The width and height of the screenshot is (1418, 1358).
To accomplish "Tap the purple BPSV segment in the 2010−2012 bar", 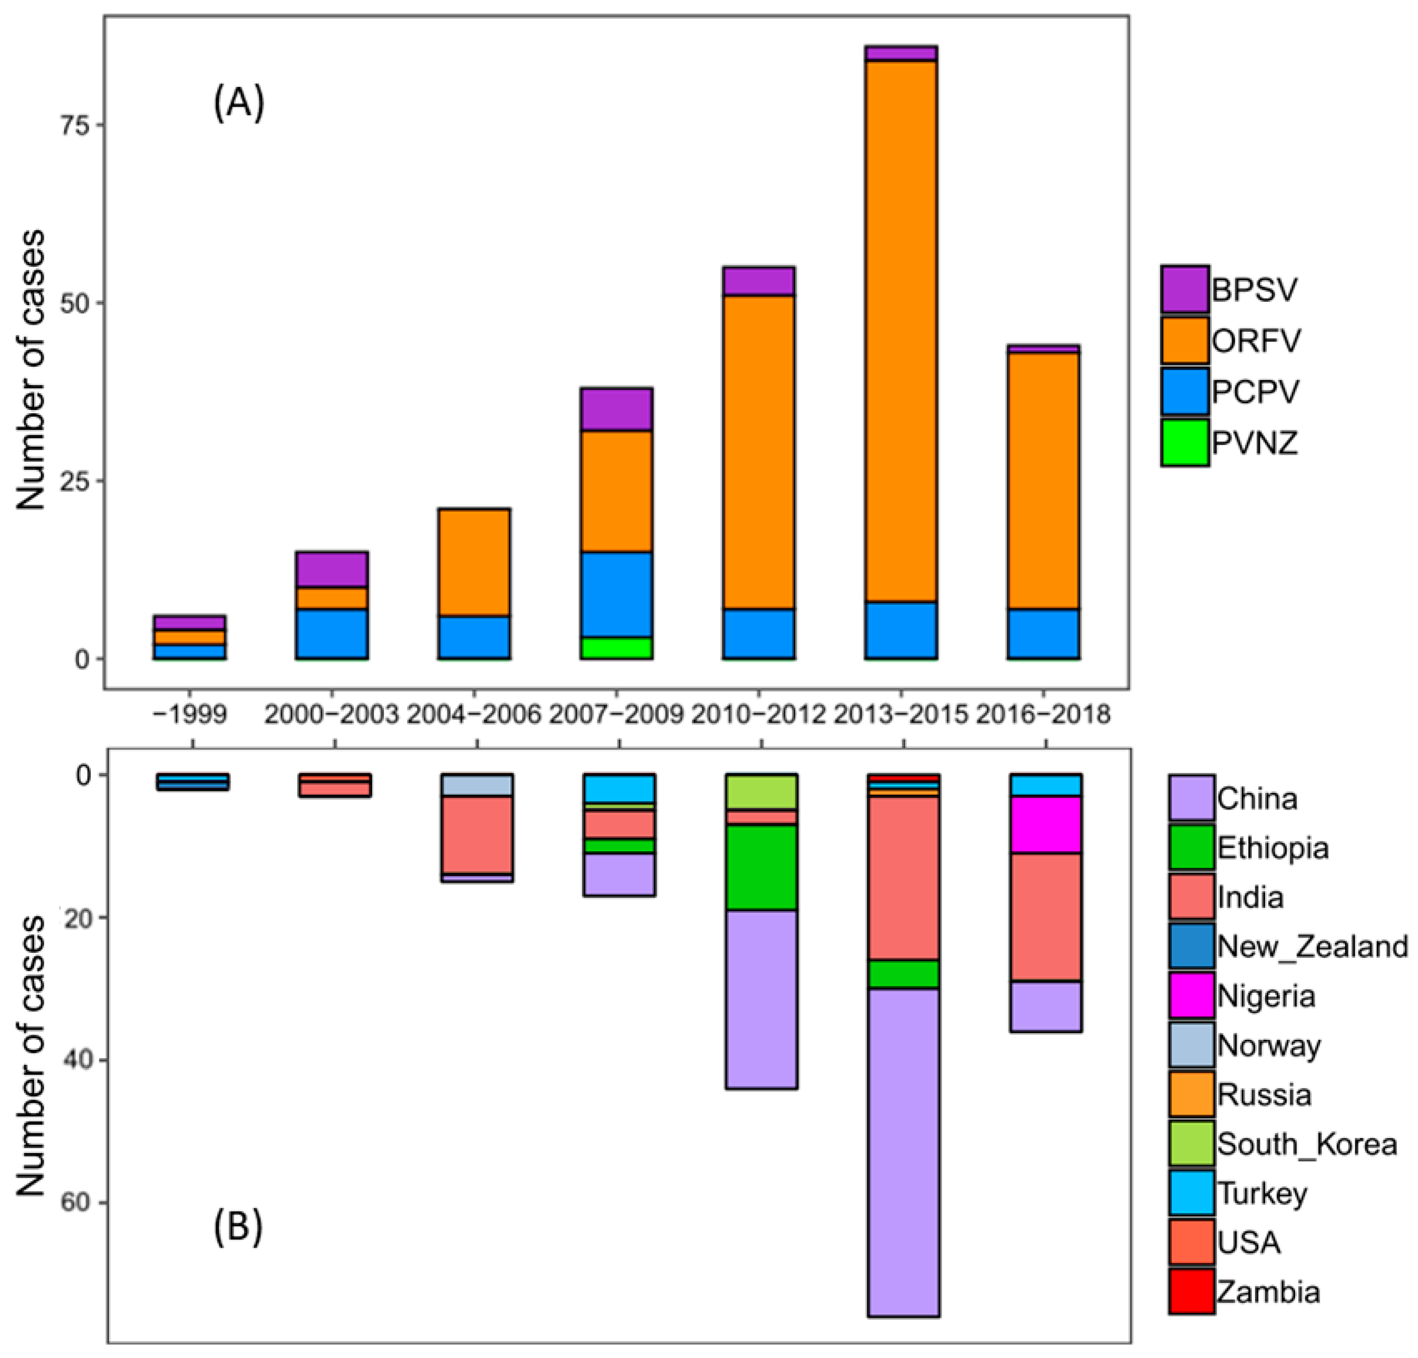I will [x=758, y=281].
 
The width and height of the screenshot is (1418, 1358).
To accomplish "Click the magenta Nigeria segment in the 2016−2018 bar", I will [x=1045, y=825].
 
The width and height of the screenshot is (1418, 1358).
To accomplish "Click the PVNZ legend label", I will [x=1255, y=443].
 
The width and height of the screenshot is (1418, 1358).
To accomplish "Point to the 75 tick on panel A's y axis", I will [x=85, y=124].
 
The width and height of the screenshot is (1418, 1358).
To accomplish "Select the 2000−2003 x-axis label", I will [x=331, y=715].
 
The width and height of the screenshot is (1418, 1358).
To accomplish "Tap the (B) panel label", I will [x=238, y=1228].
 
